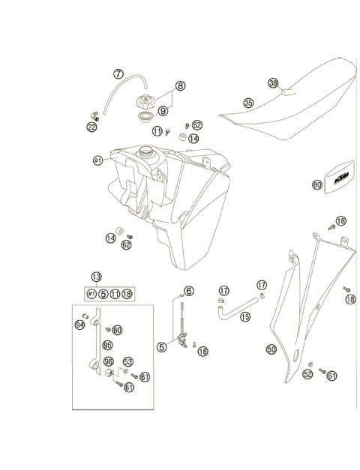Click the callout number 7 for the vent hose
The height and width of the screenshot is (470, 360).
[x=118, y=74]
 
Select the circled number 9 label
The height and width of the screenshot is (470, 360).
[x=163, y=110]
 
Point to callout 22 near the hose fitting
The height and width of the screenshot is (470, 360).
[x=91, y=127]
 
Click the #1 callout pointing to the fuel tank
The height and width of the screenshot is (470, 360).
[x=97, y=160]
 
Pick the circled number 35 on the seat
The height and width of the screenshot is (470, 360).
[x=248, y=103]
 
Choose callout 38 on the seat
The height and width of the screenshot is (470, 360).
[x=273, y=83]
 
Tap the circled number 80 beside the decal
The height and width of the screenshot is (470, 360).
[x=317, y=184]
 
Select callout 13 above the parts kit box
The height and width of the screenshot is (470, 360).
[x=97, y=277]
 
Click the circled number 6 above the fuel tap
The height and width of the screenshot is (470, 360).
[x=188, y=291]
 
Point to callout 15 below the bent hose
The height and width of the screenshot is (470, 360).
[x=223, y=317]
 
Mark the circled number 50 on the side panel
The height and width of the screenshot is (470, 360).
[x=271, y=349]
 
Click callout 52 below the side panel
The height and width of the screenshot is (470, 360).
[x=307, y=373]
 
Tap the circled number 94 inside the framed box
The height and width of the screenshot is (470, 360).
[x=79, y=324]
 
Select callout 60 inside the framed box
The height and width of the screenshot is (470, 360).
[x=118, y=330]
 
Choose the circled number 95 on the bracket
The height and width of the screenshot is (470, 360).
[x=107, y=346]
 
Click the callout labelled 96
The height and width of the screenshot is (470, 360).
[x=109, y=361]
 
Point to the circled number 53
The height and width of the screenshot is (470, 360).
[x=128, y=362]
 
